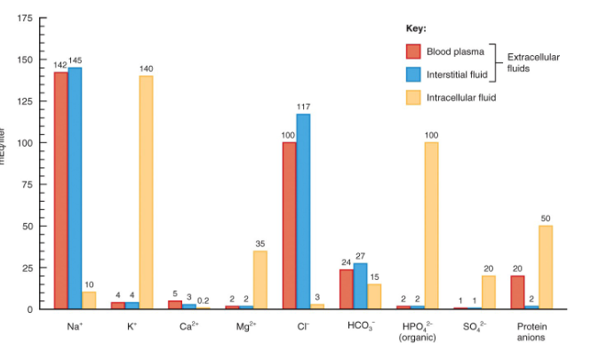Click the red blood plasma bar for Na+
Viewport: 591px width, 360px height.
(x=60, y=190)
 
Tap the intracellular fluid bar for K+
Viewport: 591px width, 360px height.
(x=146, y=192)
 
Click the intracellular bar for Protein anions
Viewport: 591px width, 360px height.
(x=546, y=267)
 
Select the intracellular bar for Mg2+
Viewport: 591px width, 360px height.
(x=260, y=279)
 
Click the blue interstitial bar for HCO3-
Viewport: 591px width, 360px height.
(x=360, y=285)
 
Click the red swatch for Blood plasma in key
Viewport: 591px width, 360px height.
(x=413, y=52)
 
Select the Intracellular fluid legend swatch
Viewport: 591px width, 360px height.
(x=413, y=98)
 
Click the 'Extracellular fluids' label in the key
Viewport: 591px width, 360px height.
(x=533, y=62)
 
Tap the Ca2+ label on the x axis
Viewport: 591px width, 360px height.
(x=188, y=326)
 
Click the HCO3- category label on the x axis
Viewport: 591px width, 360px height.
(x=361, y=326)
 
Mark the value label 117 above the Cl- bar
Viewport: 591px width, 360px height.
(x=303, y=107)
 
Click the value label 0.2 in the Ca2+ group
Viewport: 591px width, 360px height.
(x=204, y=300)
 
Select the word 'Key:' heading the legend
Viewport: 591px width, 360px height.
(x=416, y=28)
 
